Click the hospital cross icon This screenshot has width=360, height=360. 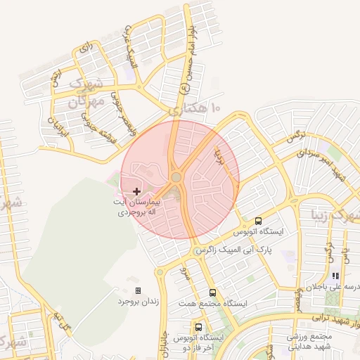click(136, 191)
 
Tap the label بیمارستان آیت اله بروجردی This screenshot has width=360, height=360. click(136, 206)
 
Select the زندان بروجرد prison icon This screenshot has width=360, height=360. click(138, 290)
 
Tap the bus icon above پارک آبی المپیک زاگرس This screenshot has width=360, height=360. click(259, 220)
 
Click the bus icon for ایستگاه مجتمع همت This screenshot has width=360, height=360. click(212, 292)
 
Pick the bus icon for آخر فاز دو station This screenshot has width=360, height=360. click(199, 327)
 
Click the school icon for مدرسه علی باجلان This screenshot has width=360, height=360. click(335, 276)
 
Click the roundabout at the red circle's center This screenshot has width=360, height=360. click(176, 178)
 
